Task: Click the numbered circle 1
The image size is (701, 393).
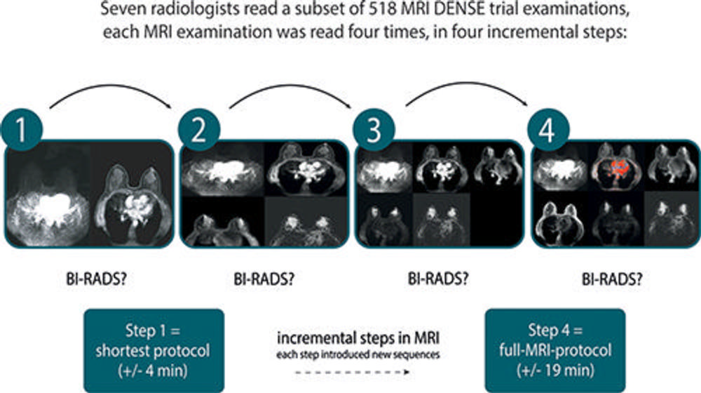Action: point(24,130)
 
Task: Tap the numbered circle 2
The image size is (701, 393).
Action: point(198,130)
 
